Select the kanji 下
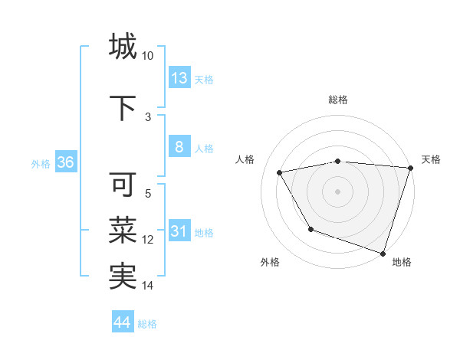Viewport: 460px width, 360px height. (123, 108)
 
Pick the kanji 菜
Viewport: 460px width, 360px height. (123, 231)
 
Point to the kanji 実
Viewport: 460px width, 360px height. (123, 277)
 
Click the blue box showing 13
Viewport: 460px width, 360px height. (179, 78)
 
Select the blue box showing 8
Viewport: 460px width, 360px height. (179, 148)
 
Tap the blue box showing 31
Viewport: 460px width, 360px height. (179, 232)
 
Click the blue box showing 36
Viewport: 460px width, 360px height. (65, 163)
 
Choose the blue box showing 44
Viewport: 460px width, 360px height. (123, 323)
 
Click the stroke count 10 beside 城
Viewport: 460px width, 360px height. (148, 56)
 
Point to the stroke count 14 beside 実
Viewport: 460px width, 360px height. (148, 286)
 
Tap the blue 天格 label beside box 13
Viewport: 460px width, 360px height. (204, 79)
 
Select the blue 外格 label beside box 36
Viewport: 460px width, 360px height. (41, 164)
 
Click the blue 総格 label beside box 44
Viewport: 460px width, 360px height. (147, 324)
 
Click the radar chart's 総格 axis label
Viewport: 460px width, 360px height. (338, 100)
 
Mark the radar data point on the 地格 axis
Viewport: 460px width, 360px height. (383, 252)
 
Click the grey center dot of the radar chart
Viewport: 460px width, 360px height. (338, 191)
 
